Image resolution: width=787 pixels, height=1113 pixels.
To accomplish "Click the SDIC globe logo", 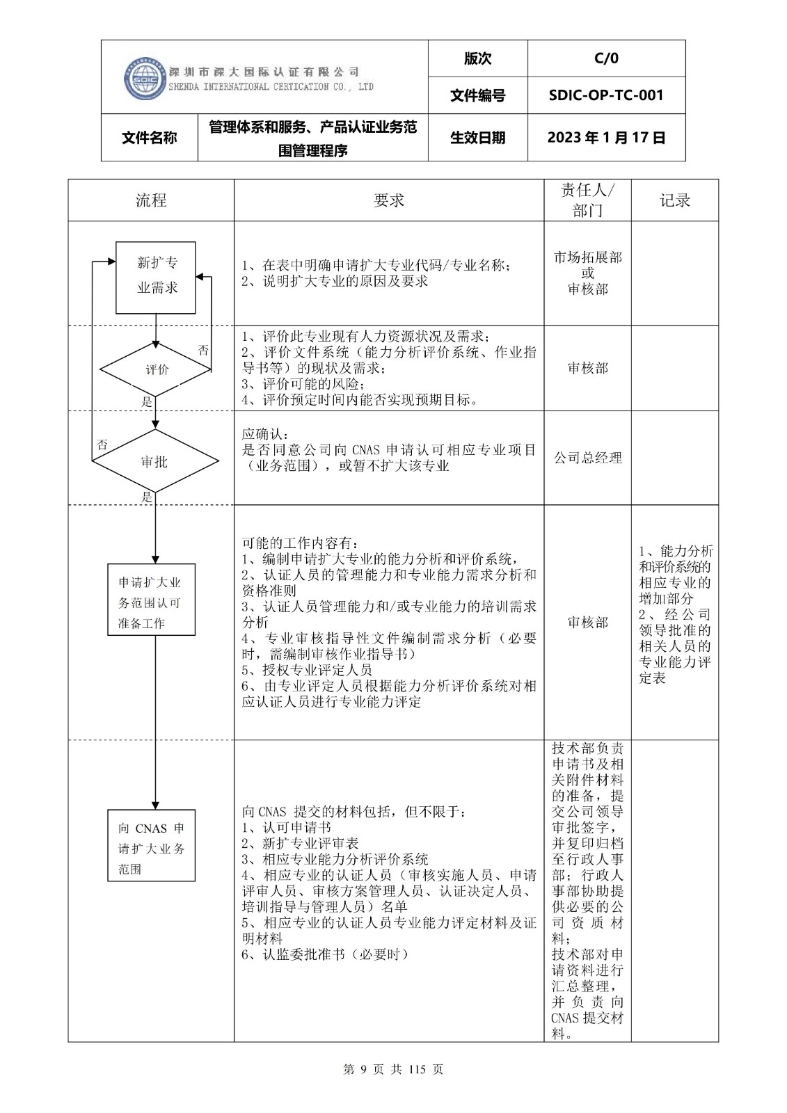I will [x=145, y=78].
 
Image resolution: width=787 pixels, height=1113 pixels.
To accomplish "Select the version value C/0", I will [x=606, y=58].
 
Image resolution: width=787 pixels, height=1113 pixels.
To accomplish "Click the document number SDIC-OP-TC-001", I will [x=606, y=95].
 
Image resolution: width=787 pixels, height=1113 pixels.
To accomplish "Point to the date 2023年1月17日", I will [x=606, y=138].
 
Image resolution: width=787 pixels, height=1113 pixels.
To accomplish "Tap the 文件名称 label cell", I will [x=150, y=138].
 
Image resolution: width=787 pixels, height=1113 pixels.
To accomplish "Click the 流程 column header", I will [x=151, y=201].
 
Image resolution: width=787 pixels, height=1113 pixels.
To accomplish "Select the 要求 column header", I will [x=389, y=201].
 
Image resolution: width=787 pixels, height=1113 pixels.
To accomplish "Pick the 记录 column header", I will [x=674, y=201].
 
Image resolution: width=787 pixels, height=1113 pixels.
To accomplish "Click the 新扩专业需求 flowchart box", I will [x=156, y=276].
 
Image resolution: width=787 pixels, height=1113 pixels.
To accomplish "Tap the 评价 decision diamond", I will [x=157, y=370].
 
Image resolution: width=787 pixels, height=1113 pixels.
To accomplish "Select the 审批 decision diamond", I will [x=155, y=462].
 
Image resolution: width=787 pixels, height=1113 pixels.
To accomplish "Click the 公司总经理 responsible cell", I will [x=588, y=458].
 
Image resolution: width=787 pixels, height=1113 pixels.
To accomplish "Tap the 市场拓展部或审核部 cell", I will [x=588, y=273].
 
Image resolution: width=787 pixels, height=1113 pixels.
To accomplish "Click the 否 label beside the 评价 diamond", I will [x=203, y=351].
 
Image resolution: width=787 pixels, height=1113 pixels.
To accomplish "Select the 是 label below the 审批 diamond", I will [x=147, y=497].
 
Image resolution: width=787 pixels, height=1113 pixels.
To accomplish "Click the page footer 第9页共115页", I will [x=393, y=1069].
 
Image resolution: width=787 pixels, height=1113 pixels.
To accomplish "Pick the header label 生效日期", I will [x=478, y=138].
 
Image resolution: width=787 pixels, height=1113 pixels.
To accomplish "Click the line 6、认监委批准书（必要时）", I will [x=325, y=954].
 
